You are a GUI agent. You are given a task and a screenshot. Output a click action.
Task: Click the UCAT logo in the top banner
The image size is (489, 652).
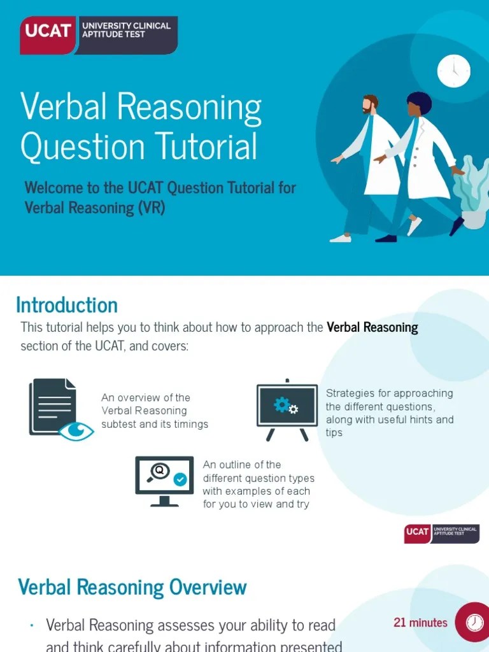[x=99, y=34]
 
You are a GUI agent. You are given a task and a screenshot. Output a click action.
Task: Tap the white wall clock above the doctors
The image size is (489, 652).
[x=453, y=71]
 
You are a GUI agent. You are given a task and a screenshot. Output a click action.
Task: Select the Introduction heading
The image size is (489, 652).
[x=67, y=305]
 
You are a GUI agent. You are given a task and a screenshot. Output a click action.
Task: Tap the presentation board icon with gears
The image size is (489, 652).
[x=287, y=408]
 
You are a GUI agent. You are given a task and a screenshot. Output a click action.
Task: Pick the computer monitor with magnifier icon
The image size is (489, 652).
[x=164, y=480]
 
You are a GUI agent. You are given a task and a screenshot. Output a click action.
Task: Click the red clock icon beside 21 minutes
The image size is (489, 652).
[x=472, y=622]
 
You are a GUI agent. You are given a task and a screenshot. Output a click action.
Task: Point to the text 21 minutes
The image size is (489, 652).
[x=420, y=623]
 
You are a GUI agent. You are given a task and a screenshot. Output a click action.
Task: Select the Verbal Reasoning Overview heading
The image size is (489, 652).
[x=132, y=586]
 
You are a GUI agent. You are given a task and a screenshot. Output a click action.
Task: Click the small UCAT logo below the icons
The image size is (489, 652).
[x=441, y=534]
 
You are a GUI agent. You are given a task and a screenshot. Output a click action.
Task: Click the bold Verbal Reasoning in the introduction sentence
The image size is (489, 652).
[x=372, y=327]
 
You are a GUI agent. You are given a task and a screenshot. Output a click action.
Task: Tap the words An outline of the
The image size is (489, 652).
[x=241, y=465]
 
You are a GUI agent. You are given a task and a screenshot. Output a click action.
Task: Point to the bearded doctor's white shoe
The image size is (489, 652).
[x=341, y=238]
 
